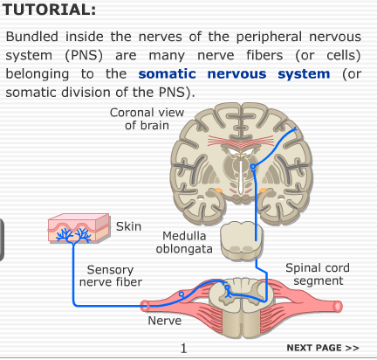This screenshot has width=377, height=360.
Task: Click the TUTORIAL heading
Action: click(x=49, y=10)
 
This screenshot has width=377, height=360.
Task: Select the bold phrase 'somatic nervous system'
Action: click(x=234, y=74)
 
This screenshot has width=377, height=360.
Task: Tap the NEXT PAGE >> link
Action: click(x=323, y=348)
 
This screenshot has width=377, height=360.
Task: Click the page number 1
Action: click(x=183, y=349)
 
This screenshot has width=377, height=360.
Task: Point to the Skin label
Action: click(x=128, y=226)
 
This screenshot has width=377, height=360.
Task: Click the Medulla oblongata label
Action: click(x=184, y=242)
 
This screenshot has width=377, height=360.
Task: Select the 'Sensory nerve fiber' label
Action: click(x=111, y=276)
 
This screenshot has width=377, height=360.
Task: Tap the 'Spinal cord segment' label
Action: click(x=318, y=274)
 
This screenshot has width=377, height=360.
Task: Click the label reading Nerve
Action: click(x=165, y=321)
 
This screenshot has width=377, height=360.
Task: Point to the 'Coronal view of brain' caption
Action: click(x=147, y=119)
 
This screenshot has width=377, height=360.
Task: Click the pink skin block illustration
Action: click(x=79, y=228)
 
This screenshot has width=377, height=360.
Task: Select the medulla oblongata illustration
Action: click(x=242, y=240)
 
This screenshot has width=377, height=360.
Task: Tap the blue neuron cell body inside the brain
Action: click(x=253, y=167)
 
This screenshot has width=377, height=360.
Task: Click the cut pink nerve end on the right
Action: click(x=338, y=307)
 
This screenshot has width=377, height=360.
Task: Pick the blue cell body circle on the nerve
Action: click(x=182, y=294)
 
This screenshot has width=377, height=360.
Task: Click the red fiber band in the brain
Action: click(x=241, y=141)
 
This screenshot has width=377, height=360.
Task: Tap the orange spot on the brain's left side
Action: click(x=218, y=190)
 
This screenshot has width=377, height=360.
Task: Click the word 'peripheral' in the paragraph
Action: click(x=269, y=37)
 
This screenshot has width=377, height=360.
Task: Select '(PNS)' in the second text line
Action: click(x=84, y=55)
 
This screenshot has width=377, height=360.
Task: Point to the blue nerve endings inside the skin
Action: click(x=73, y=235)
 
